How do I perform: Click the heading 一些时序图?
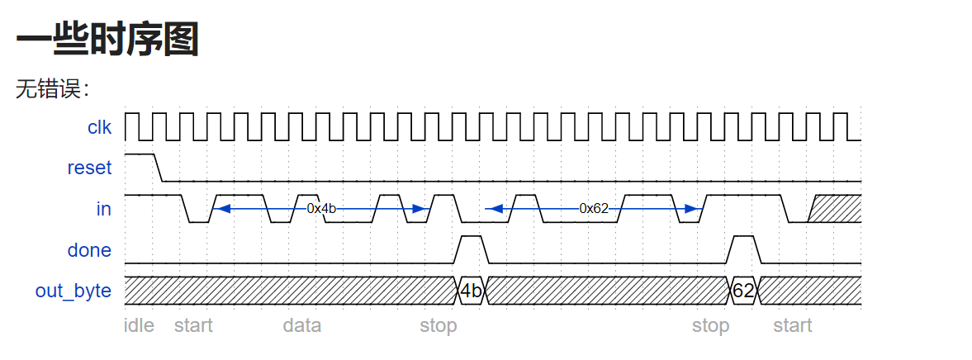(x=107, y=39)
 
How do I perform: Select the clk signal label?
(x=99, y=127)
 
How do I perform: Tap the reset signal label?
(x=89, y=168)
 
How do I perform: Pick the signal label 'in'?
(x=103, y=209)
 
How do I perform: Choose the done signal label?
(x=89, y=249)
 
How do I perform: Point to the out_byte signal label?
(x=73, y=291)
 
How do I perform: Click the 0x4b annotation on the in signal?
(x=321, y=209)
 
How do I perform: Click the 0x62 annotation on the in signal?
(x=593, y=209)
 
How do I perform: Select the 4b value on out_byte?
(x=471, y=291)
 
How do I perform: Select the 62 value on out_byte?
(x=743, y=291)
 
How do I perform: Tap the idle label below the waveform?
(x=139, y=325)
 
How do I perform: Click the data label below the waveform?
(x=301, y=325)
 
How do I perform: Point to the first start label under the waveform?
(x=193, y=325)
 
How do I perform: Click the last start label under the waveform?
(x=792, y=325)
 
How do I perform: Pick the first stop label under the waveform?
(x=438, y=325)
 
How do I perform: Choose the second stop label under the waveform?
(x=710, y=325)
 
